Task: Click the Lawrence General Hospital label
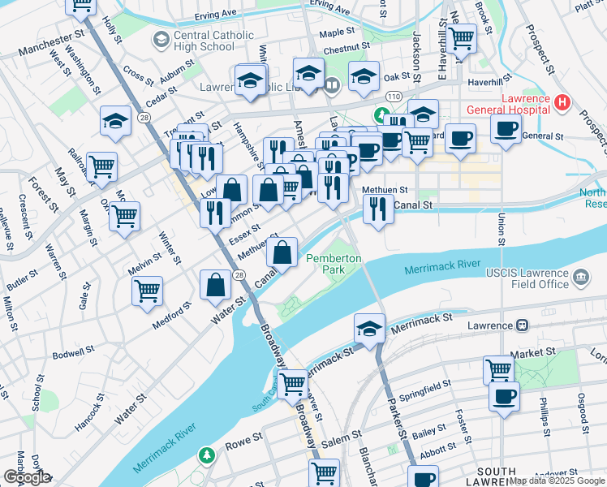pyautogui.click(x=506, y=102)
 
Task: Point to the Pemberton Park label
pyautogui.click(x=334, y=263)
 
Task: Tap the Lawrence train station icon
pyautogui.click(x=522, y=325)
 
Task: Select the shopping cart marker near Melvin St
pyautogui.click(x=147, y=290)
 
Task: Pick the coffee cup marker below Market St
pyautogui.click(x=504, y=397)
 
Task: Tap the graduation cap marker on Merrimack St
pyautogui.click(x=369, y=329)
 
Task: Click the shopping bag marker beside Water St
pyautogui.click(x=215, y=285)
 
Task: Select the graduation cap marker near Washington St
pyautogui.click(x=116, y=121)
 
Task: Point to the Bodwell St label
pyautogui.click(x=73, y=356)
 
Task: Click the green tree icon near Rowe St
pyautogui.click(x=208, y=453)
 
